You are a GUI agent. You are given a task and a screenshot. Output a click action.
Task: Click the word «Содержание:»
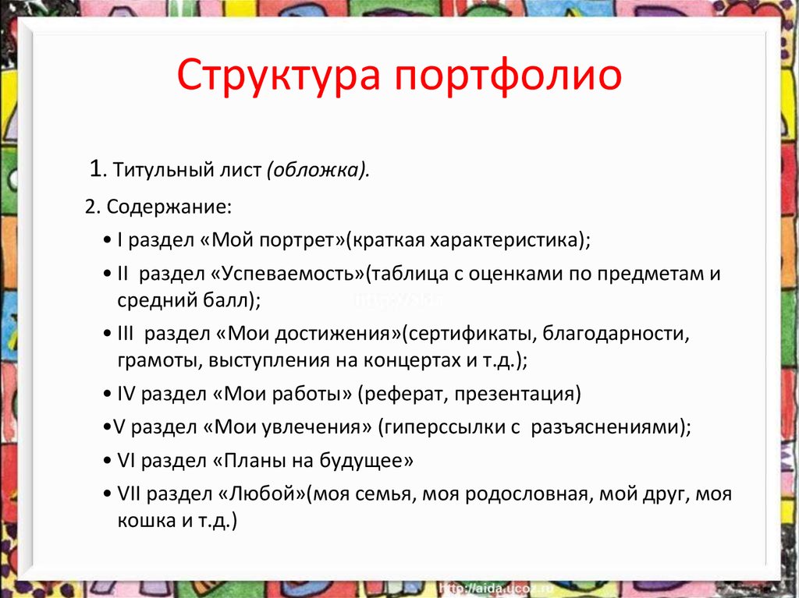pyautogui.click(x=169, y=207)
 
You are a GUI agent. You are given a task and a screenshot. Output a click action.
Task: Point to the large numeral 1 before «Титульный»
pyautogui.click(x=96, y=168)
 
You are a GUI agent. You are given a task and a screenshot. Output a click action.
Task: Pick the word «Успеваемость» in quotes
pyautogui.click(x=287, y=274)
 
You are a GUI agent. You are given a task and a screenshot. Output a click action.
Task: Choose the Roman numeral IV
pyautogui.click(x=126, y=394)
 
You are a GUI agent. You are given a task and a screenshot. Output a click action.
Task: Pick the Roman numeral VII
pyautogui.click(x=130, y=494)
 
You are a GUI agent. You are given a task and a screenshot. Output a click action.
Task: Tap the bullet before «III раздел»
pyautogui.click(x=107, y=334)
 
